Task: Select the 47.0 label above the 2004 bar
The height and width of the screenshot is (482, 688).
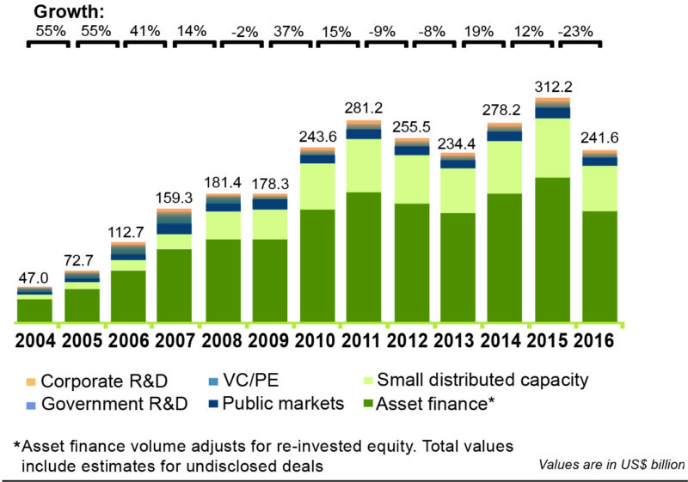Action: [x=34, y=278]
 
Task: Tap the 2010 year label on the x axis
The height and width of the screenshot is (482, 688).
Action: [x=317, y=339]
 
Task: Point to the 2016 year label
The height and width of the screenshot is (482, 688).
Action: [x=596, y=339]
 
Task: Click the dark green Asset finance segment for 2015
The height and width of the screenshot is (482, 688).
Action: [x=554, y=249]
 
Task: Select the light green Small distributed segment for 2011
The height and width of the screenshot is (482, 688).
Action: [x=364, y=165]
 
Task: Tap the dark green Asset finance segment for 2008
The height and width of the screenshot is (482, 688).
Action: [x=224, y=280]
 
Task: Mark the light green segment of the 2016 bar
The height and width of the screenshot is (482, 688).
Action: [x=599, y=188]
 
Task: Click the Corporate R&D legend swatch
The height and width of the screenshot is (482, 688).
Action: [x=30, y=381]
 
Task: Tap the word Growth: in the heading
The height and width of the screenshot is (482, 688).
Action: [x=67, y=11]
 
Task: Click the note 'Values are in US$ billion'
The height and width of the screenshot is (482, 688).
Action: [x=611, y=465]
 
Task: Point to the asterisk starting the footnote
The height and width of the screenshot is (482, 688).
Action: [x=16, y=447]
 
